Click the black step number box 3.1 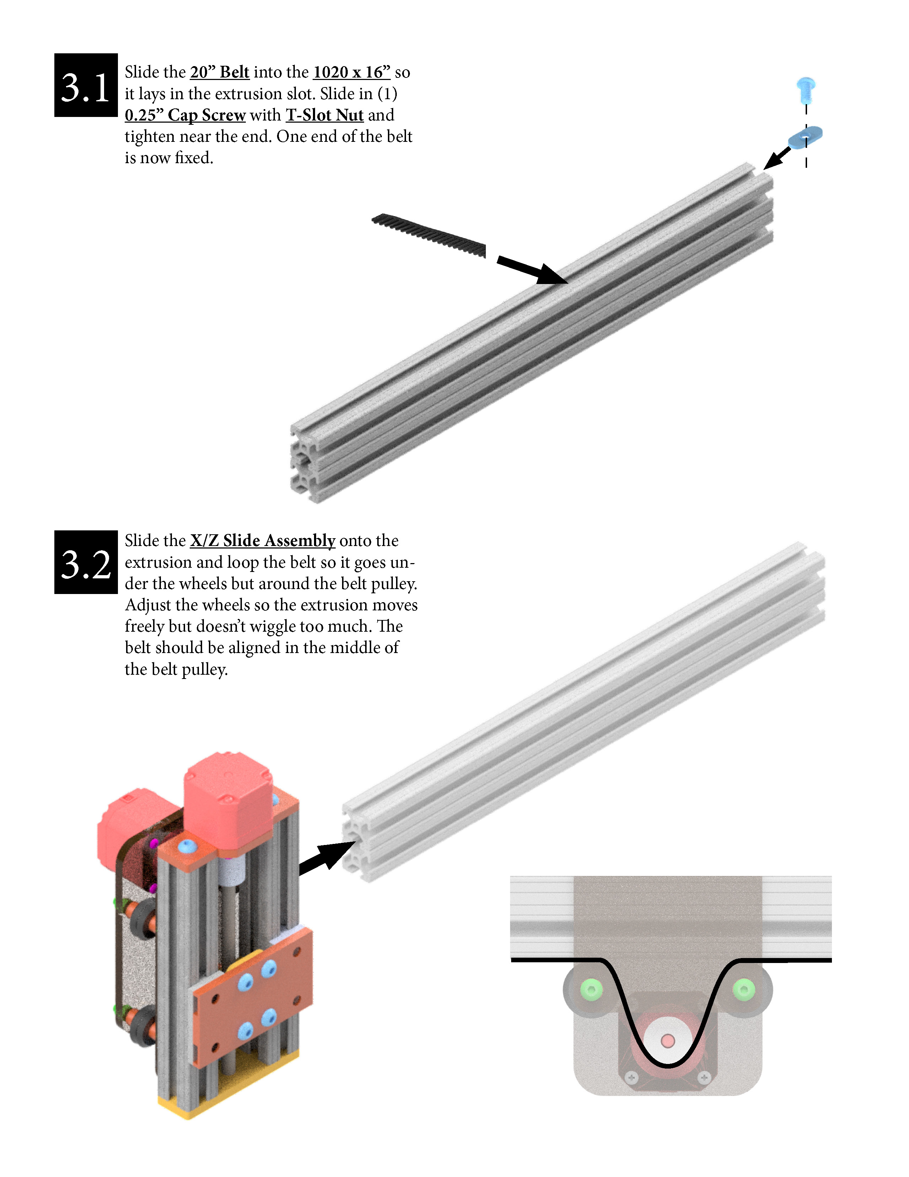click(x=86, y=85)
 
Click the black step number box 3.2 click(x=86, y=562)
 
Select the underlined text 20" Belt click(x=219, y=72)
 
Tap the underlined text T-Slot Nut click(x=324, y=115)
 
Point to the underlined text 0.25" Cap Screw click(x=185, y=115)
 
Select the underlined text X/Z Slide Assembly click(x=262, y=541)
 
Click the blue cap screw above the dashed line click(x=806, y=89)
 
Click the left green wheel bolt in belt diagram click(x=591, y=989)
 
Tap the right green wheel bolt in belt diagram click(x=744, y=989)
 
